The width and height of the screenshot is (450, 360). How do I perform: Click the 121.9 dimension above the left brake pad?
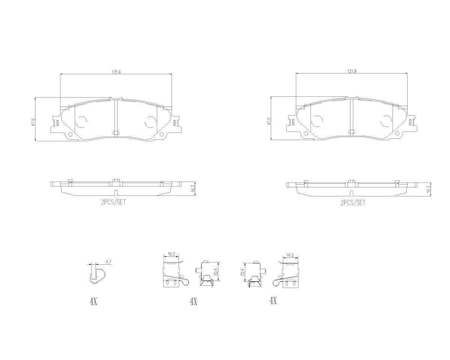click(116, 72)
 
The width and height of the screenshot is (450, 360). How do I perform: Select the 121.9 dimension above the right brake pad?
click(351, 71)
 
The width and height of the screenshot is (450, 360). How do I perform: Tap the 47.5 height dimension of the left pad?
click(33, 122)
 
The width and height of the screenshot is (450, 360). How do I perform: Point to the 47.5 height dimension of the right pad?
click(268, 121)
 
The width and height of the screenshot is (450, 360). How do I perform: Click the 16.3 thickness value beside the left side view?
click(193, 188)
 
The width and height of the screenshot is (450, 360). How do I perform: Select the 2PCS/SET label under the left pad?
click(113, 202)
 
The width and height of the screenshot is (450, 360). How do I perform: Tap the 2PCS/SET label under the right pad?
click(352, 202)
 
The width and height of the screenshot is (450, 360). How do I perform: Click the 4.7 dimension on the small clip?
click(108, 262)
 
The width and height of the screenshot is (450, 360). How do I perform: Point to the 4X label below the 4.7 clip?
click(93, 301)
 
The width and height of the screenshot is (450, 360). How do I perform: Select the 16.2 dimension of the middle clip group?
click(171, 254)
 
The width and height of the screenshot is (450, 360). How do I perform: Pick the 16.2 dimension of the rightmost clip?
click(290, 255)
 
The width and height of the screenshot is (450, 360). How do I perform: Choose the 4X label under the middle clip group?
click(193, 301)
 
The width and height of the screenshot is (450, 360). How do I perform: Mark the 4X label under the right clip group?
click(273, 300)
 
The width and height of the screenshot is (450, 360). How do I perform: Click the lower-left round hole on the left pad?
click(70, 134)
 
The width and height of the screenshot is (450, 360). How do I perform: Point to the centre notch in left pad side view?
click(116, 193)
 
